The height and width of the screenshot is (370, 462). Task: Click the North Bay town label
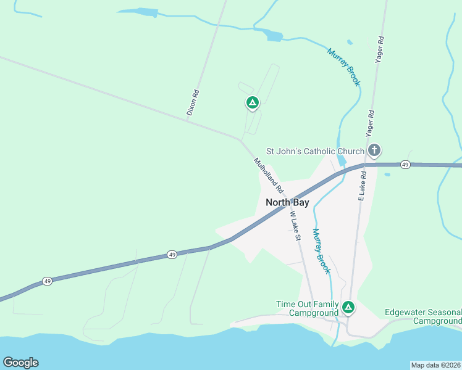tap(287, 202)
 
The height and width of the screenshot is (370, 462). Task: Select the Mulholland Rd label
tap(268, 175)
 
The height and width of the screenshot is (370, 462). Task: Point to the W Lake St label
tap(295, 226)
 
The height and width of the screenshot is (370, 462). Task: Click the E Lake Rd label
tap(363, 185)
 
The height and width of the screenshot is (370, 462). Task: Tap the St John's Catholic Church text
tap(315, 151)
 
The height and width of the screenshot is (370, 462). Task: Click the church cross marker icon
tap(374, 150)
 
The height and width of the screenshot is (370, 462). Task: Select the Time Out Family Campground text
tap(308, 308)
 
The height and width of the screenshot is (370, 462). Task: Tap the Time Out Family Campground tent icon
tap(348, 307)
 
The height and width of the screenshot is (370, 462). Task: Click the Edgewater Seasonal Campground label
tap(423, 316)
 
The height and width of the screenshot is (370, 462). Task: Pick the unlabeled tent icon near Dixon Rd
tap(252, 103)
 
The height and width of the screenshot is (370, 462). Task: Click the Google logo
tap(20, 363)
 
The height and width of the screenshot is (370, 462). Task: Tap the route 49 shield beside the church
tap(405, 165)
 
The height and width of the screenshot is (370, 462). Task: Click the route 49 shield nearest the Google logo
tap(48, 281)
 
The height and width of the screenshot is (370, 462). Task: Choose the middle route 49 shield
tap(172, 255)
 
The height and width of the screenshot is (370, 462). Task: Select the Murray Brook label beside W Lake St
tap(321, 251)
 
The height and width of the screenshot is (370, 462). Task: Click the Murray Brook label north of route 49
tap(343, 67)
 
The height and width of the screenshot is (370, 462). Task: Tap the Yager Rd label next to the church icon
tap(370, 123)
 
